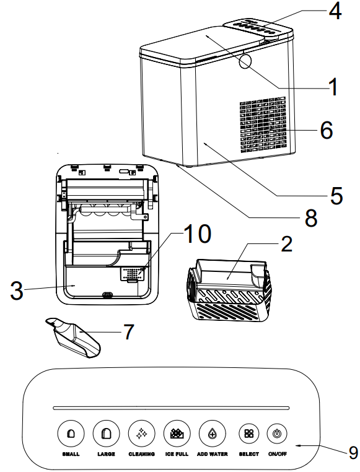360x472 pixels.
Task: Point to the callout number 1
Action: (333, 87)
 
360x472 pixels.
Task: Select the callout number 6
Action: (326, 131)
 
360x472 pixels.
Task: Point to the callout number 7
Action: (128, 331)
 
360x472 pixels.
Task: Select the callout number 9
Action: (353, 453)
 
